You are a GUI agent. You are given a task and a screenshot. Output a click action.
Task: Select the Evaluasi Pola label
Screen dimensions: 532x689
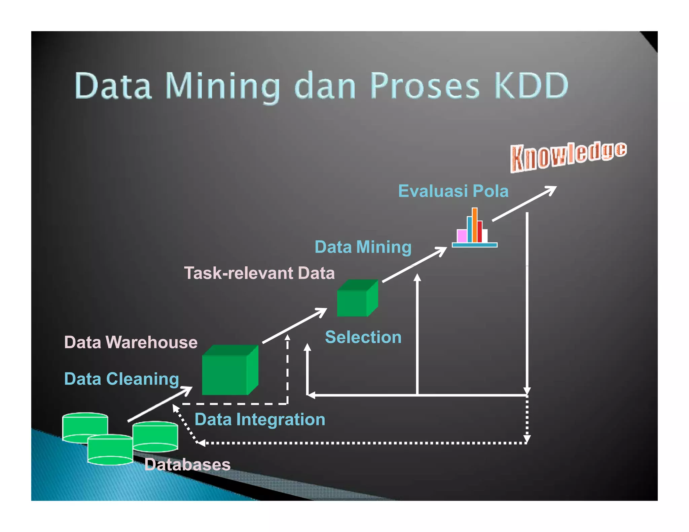click(453, 191)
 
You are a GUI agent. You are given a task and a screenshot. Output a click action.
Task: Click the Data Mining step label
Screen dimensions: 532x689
click(363, 247)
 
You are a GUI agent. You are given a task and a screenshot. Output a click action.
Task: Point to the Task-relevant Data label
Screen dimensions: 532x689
click(259, 273)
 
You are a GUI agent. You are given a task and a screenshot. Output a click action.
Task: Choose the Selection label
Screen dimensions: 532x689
click(363, 337)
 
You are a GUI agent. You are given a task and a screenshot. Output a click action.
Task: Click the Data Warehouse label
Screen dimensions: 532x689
click(131, 342)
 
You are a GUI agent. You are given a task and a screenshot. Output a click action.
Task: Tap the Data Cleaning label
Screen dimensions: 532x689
click(121, 379)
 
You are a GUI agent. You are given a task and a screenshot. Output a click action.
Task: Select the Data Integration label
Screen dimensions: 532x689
click(260, 420)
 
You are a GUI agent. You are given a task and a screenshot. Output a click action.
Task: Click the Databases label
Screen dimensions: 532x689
click(187, 465)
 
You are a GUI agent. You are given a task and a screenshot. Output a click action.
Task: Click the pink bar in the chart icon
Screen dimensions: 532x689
click(462, 236)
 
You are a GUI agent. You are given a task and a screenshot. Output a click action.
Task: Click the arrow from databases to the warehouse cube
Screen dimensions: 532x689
click(159, 404)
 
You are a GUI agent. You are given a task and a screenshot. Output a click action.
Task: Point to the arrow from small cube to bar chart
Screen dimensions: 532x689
click(414, 265)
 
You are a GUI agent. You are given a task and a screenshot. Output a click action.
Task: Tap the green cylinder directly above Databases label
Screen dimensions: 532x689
click(155, 436)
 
